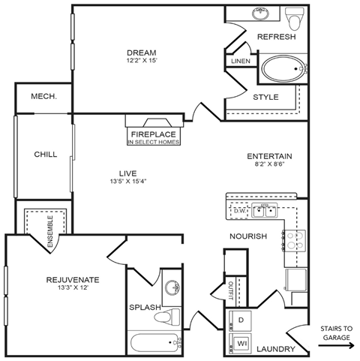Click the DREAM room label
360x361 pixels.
[x=141, y=52]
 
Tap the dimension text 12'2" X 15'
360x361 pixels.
[x=141, y=61]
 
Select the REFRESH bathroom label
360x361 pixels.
[x=277, y=37]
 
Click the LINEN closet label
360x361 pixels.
[x=240, y=61]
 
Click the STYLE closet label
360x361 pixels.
[x=265, y=97]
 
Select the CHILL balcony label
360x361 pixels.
[x=46, y=155]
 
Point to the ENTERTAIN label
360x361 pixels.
[x=269, y=157]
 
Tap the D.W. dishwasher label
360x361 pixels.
[x=240, y=211]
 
